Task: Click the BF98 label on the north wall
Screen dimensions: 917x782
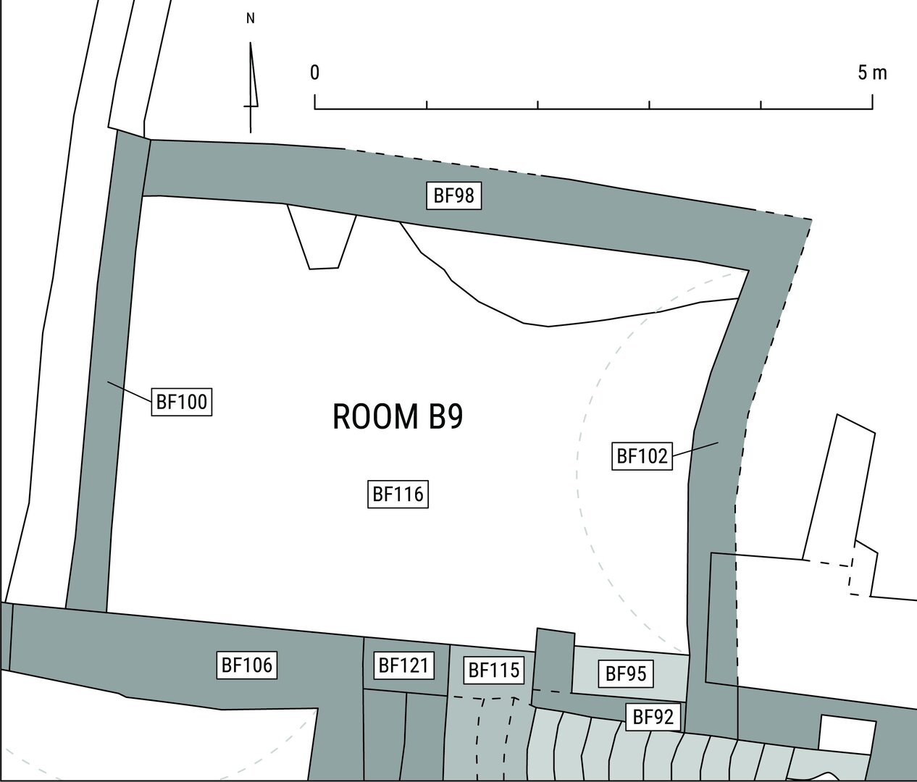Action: pyautogui.click(x=454, y=195)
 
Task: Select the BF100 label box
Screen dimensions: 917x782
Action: pyautogui.click(x=182, y=402)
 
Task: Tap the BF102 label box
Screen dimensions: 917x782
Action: pyautogui.click(x=642, y=455)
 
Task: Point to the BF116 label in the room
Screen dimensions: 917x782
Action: pyautogui.click(x=398, y=494)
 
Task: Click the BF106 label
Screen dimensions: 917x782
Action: pyautogui.click(x=247, y=665)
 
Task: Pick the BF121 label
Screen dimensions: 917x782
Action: pyautogui.click(x=403, y=665)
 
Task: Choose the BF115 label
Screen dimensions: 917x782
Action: pyautogui.click(x=494, y=670)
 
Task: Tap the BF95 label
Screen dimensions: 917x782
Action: pyautogui.click(x=626, y=673)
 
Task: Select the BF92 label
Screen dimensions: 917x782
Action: pyautogui.click(x=653, y=716)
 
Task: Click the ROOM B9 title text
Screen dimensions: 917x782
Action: pyautogui.click(x=398, y=416)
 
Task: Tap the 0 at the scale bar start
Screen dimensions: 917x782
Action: pyautogui.click(x=314, y=72)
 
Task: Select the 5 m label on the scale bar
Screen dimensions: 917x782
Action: pyautogui.click(x=872, y=72)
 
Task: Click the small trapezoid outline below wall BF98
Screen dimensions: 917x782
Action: pyautogui.click(x=322, y=237)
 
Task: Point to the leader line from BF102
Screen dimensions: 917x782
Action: pyautogui.click(x=695, y=448)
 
